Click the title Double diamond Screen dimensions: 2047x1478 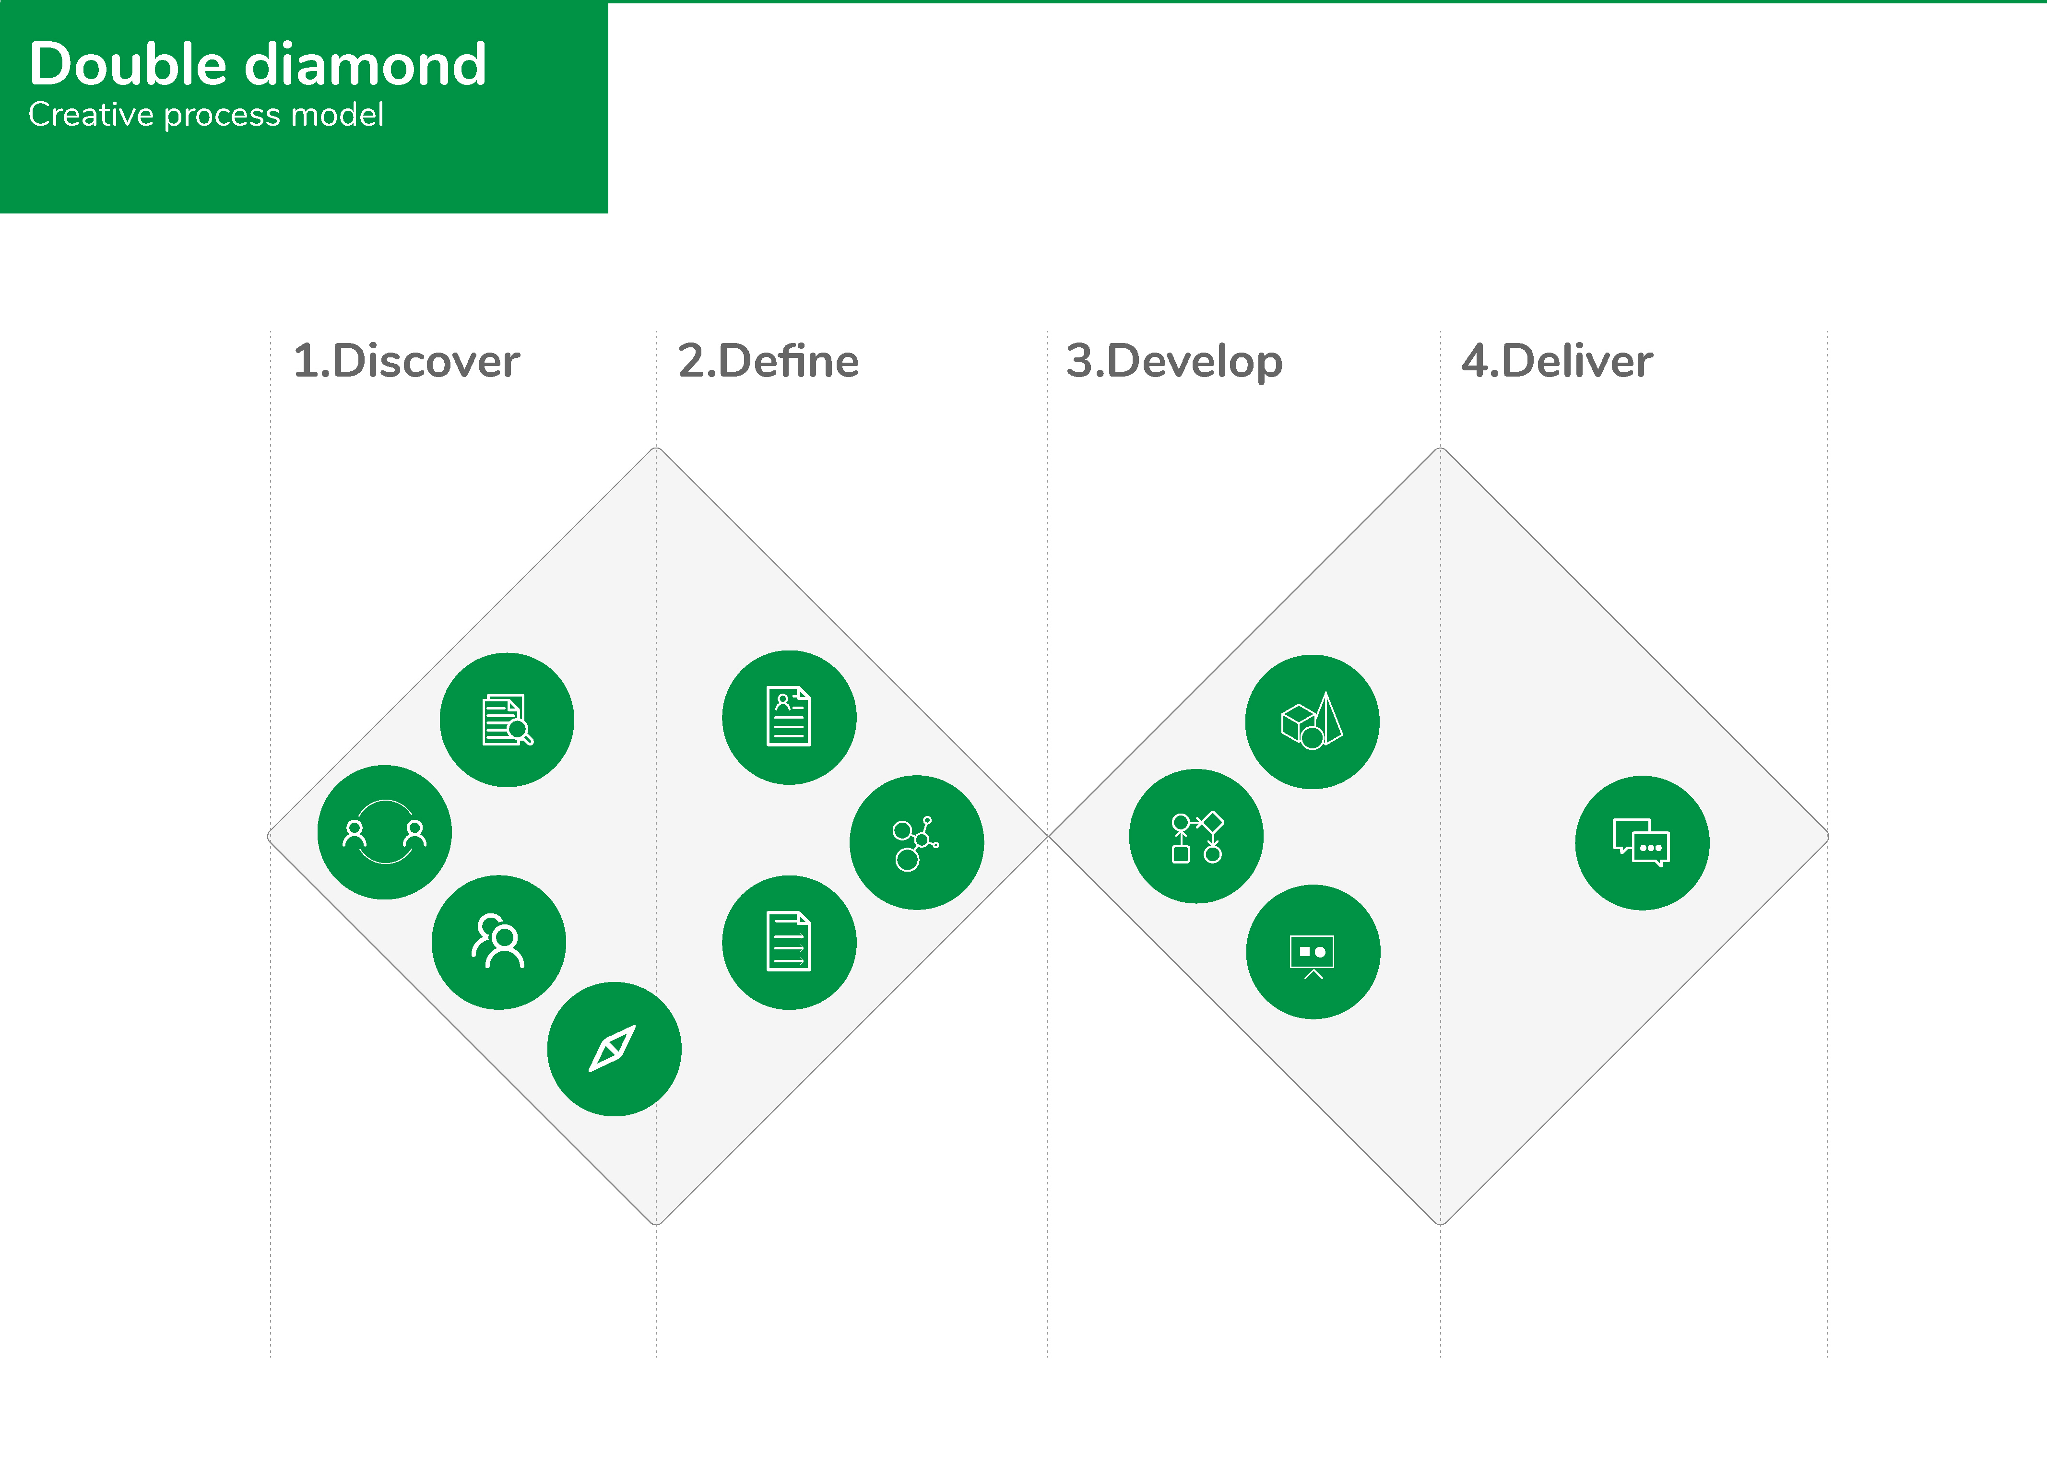pyautogui.click(x=258, y=64)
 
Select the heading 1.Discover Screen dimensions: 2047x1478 pyautogui.click(x=406, y=361)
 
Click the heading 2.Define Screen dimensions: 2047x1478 pyautogui.click(x=768, y=361)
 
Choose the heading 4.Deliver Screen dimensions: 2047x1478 pyautogui.click(x=1557, y=361)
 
